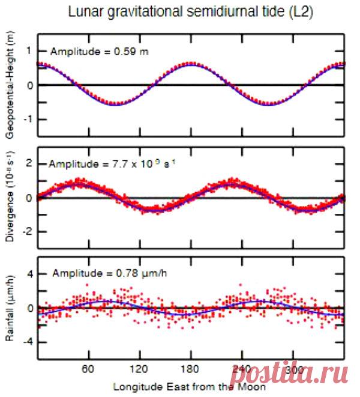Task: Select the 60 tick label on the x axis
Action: tap(89, 370)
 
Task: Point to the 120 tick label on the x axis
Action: tap(140, 370)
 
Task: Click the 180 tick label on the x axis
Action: tap(191, 370)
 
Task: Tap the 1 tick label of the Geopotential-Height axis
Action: tap(28, 52)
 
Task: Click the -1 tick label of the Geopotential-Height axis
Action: tap(26, 119)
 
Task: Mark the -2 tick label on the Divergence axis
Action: tap(26, 231)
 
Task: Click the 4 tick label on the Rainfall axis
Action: tap(28, 274)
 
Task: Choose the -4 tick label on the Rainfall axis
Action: tap(26, 341)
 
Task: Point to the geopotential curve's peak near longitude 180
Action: tap(191, 64)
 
